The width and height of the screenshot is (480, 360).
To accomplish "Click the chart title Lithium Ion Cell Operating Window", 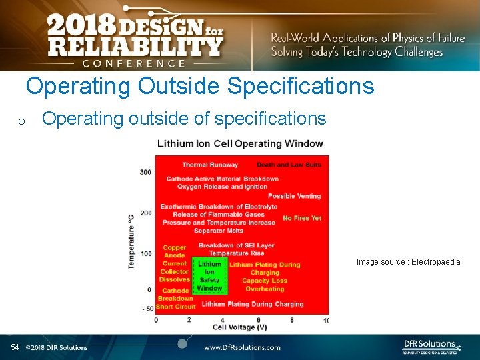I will click(x=240, y=143).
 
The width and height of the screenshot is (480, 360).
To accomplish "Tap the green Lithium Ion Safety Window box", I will click(x=209, y=276).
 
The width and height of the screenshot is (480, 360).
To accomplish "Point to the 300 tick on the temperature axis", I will click(x=145, y=172).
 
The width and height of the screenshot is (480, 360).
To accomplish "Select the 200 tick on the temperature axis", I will click(x=145, y=213).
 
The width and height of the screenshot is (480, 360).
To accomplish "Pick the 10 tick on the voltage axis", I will click(x=326, y=321).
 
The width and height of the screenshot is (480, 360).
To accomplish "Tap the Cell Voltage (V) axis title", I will click(x=240, y=327).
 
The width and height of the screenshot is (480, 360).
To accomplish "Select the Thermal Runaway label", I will click(x=210, y=165).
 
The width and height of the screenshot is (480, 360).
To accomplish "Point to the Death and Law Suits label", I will click(x=289, y=165).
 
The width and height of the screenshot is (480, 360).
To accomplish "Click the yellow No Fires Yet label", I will click(x=302, y=218).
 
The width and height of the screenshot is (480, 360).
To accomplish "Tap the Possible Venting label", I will click(x=294, y=196).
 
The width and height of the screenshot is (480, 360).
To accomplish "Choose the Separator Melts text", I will click(x=219, y=231).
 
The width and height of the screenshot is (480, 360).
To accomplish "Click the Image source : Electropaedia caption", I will click(x=408, y=262).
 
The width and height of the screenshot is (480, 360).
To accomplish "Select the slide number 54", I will click(x=15, y=347).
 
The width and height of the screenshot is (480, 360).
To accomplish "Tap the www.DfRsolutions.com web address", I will click(x=242, y=347).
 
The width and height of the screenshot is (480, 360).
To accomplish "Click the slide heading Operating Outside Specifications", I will click(x=200, y=87).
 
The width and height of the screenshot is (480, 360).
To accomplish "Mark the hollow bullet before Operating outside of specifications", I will click(x=21, y=121).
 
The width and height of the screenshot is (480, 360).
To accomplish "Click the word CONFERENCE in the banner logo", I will click(x=134, y=63).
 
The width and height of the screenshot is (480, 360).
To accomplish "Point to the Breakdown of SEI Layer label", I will click(x=236, y=245).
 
